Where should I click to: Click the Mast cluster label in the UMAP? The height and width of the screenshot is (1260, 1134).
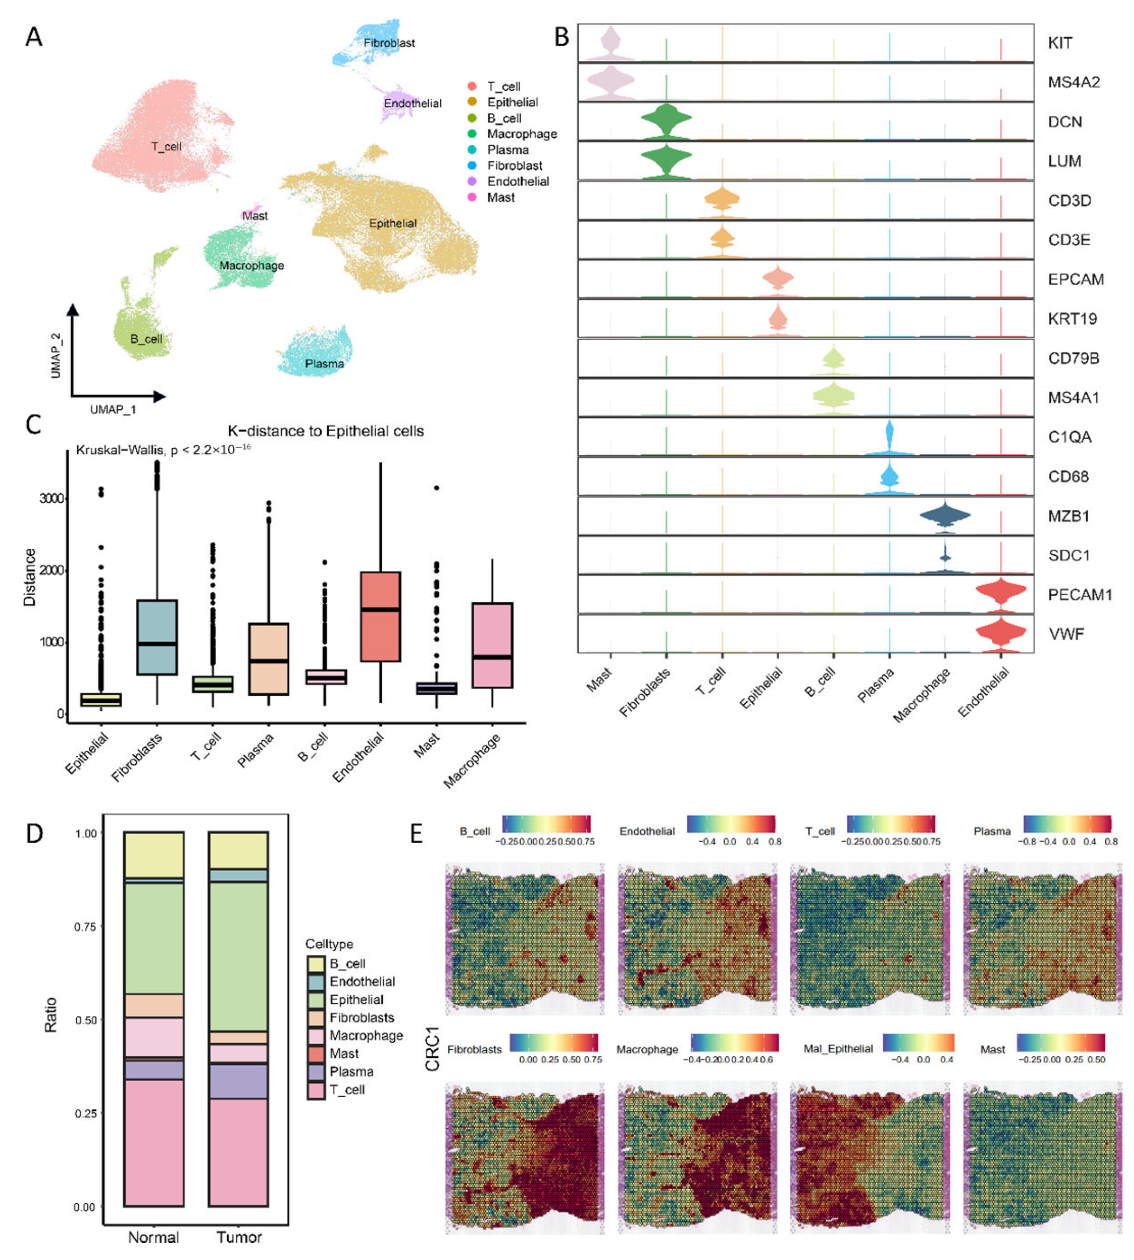[x=255, y=216]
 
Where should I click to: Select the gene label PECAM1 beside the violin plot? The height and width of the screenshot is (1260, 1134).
[x=1079, y=594]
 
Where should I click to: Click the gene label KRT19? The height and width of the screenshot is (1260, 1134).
[x=1072, y=319]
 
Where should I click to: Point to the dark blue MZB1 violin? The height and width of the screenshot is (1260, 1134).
[x=945, y=516]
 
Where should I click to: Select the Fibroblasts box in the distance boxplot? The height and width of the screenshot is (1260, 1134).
[x=157, y=637]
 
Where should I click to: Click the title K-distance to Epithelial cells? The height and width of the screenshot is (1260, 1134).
[x=325, y=431]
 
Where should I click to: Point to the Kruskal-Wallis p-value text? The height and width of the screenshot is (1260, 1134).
[x=163, y=449]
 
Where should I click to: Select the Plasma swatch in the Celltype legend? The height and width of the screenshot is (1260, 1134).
[x=316, y=1072]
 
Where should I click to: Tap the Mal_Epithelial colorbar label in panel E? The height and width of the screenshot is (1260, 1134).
[x=838, y=1049]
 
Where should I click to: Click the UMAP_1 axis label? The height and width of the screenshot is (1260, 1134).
[x=113, y=409]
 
